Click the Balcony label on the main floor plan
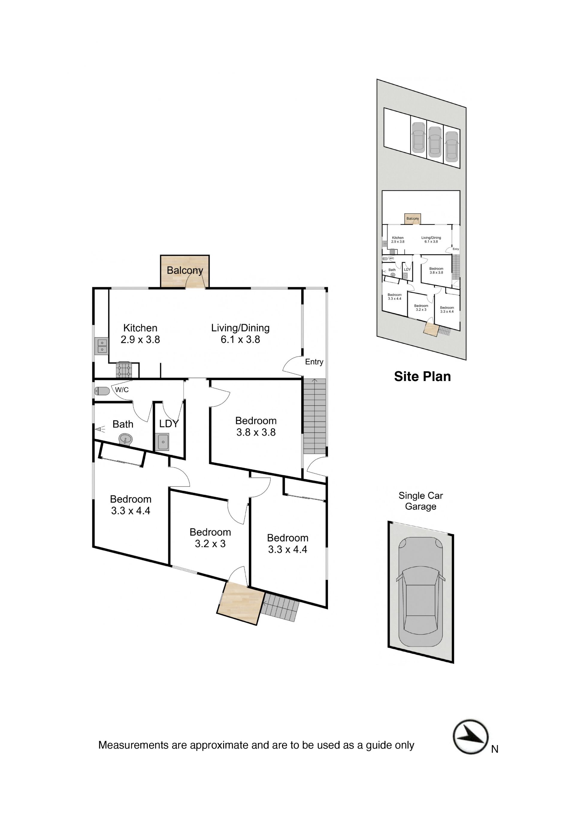click(x=185, y=271)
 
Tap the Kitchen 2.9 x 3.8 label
click(x=140, y=333)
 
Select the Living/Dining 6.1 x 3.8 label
click(x=240, y=333)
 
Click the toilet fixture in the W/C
click(x=102, y=391)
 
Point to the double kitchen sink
click(x=102, y=346)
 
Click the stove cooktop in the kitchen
click(x=124, y=370)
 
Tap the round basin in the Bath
click(x=125, y=440)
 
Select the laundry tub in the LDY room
click(x=163, y=442)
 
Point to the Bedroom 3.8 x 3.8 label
click(x=256, y=426)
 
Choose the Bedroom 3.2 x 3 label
click(x=210, y=538)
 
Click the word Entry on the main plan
click(x=314, y=362)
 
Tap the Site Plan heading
click(x=422, y=376)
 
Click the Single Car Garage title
click(x=420, y=501)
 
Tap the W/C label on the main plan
click(x=122, y=390)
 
